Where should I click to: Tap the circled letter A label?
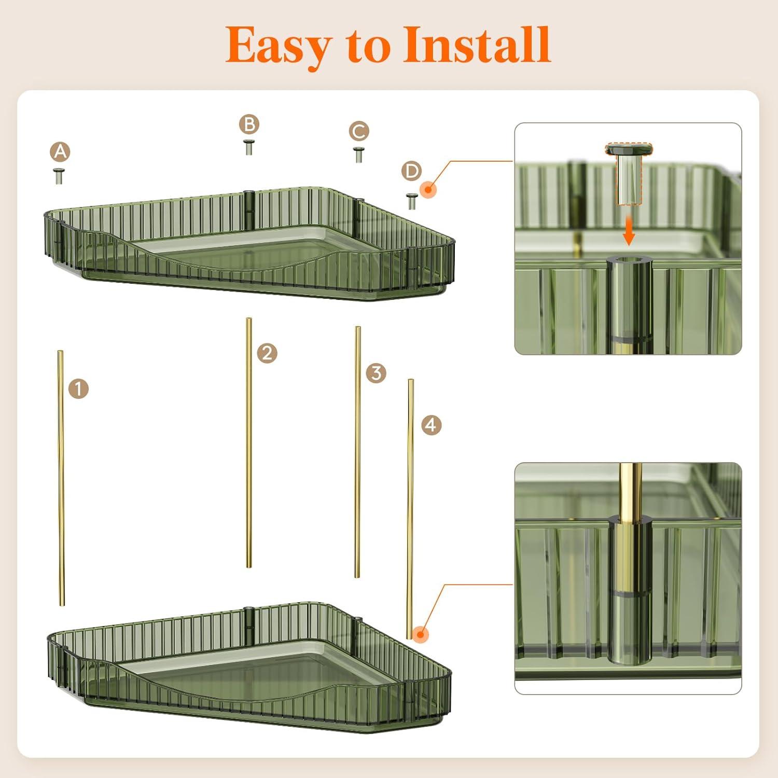[60, 152]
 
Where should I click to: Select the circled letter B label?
[249, 124]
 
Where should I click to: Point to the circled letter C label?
[359, 131]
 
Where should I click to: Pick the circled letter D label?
[412, 171]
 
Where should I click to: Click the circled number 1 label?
[78, 388]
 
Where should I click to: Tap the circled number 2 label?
[267, 354]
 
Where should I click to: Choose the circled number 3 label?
[376, 373]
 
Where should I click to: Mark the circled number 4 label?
[431, 425]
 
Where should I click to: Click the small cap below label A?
[60, 176]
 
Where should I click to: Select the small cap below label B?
[249, 147]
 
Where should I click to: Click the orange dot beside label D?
[428, 189]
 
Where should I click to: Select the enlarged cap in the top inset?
[629, 174]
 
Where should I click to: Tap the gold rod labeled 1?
[61, 478]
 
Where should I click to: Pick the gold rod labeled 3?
[357, 452]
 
